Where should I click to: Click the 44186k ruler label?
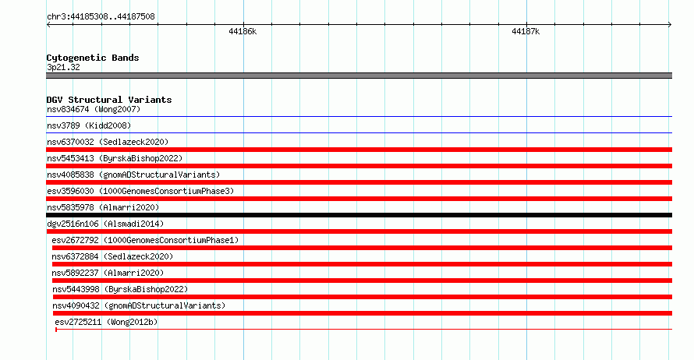[x=243, y=31]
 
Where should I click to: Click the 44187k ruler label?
[x=526, y=31]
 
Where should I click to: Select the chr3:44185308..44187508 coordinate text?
[x=101, y=17]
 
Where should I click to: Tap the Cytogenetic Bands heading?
[x=93, y=58]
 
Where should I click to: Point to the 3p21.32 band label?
[x=63, y=67]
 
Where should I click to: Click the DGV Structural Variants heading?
[x=109, y=100]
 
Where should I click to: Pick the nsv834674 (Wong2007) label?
[x=94, y=109]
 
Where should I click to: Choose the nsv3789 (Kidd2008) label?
[x=89, y=125]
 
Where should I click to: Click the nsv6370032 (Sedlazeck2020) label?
[x=108, y=142]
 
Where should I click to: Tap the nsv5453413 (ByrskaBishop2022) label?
[x=115, y=158]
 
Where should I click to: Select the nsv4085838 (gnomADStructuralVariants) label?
[x=133, y=175]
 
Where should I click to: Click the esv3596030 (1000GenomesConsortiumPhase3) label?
[x=140, y=191]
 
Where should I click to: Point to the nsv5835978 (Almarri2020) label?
[x=103, y=207]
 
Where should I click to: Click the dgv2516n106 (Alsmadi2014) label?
[x=105, y=224]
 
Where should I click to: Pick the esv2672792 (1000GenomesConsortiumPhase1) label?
[x=145, y=240]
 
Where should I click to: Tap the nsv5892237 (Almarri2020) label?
[x=108, y=273]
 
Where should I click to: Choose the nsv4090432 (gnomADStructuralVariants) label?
[x=139, y=305]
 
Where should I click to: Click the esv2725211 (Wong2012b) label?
[x=106, y=322]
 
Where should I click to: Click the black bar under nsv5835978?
[x=359, y=215]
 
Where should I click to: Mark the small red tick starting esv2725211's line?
[x=56, y=330]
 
